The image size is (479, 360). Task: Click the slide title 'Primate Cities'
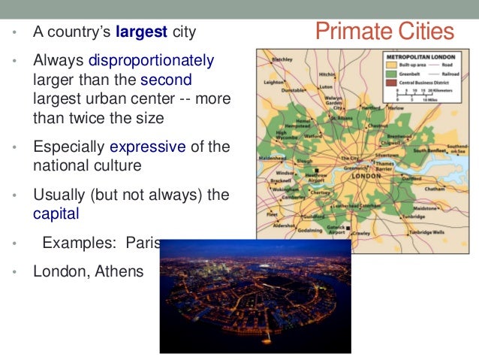[x=384, y=32]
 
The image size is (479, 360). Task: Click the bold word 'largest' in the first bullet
[x=140, y=33]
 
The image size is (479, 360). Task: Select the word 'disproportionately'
[x=151, y=61]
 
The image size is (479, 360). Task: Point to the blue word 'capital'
[x=56, y=213]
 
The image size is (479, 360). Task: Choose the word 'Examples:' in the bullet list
[x=73, y=243]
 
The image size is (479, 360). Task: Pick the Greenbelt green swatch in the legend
[x=391, y=74]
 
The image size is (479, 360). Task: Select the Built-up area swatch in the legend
[x=391, y=65]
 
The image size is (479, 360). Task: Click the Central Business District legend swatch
[x=391, y=82]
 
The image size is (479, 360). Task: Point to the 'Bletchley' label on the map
[x=282, y=59]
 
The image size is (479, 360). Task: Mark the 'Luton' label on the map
[x=325, y=87]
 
